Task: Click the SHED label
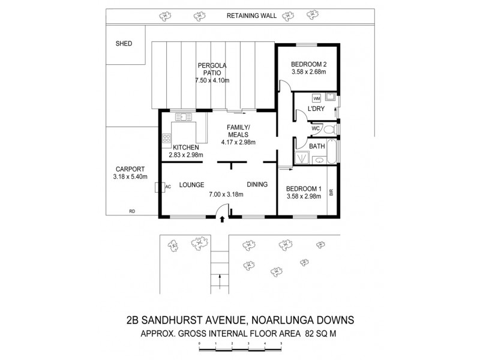[124, 44]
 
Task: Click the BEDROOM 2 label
[308, 64]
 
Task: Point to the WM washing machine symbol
[316, 98]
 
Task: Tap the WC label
[314, 128]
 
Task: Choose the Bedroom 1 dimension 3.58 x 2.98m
[304, 197]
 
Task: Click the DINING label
[257, 184]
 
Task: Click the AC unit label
[168, 187]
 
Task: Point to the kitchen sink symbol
[182, 118]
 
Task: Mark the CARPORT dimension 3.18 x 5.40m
[129, 177]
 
